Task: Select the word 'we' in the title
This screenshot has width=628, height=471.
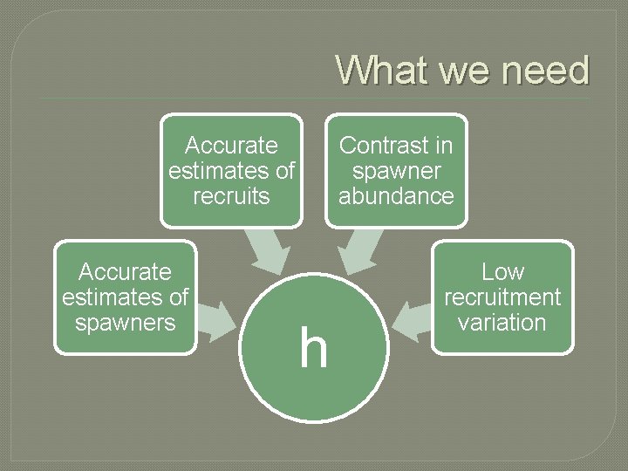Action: pyautogui.click(x=463, y=70)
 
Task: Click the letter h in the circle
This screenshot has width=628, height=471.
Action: pyautogui.click(x=314, y=347)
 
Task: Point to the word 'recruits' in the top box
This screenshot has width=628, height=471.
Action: pyautogui.click(x=231, y=196)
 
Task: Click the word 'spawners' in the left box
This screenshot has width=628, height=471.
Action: pyautogui.click(x=126, y=323)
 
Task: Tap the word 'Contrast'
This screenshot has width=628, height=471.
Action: pyautogui.click(x=396, y=145)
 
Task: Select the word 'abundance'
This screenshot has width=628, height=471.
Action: pyautogui.click(x=396, y=196)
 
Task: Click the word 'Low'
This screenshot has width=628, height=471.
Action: pyautogui.click(x=502, y=272)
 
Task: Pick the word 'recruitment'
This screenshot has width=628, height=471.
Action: pyautogui.click(x=502, y=297)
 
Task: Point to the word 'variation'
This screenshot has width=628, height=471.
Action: pyautogui.click(x=502, y=323)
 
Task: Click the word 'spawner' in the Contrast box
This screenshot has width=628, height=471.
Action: pyautogui.click(x=396, y=171)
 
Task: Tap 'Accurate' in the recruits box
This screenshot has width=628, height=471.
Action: pyautogui.click(x=231, y=145)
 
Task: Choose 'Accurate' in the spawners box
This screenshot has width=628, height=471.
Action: pyautogui.click(x=126, y=272)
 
